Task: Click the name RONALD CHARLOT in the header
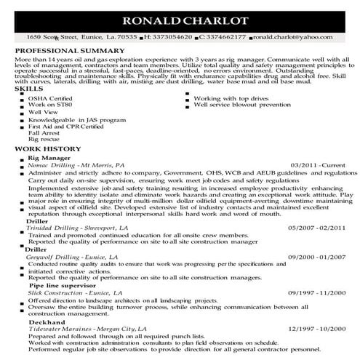180,19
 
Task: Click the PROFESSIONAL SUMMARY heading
60,49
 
